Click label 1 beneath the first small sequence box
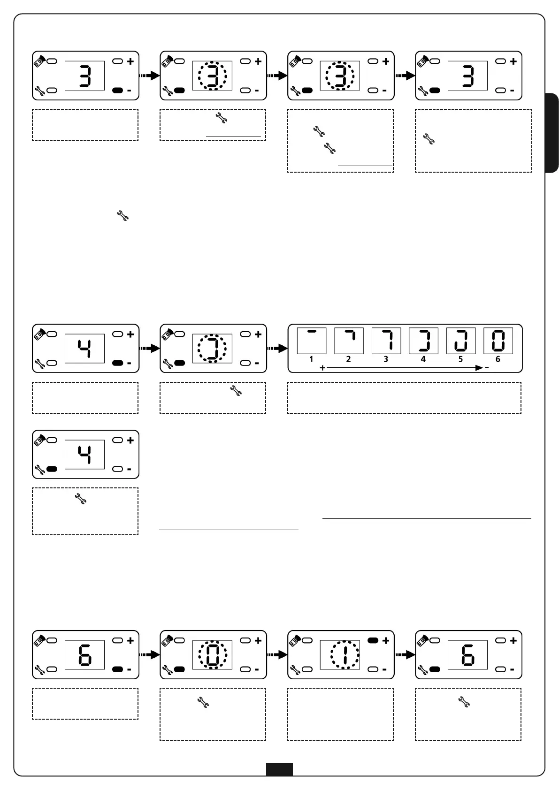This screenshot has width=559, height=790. pyautogui.click(x=311, y=359)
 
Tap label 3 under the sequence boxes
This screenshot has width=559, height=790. pyautogui.click(x=386, y=359)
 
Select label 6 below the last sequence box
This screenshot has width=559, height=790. pyautogui.click(x=498, y=359)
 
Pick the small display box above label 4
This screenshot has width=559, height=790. pyautogui.click(x=423, y=341)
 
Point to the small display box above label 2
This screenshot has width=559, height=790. pyautogui.click(x=349, y=341)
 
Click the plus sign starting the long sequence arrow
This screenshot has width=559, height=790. pyautogui.click(x=322, y=368)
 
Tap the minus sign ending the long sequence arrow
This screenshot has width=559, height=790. pyautogui.click(x=487, y=368)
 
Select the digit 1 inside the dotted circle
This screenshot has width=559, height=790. pyautogui.click(x=345, y=655)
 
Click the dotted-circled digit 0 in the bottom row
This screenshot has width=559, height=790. pyautogui.click(x=212, y=655)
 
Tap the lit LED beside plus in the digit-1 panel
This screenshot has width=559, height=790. pyautogui.click(x=373, y=640)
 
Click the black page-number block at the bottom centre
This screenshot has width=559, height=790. pyautogui.click(x=279, y=770)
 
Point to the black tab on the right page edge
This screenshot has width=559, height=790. pyautogui.click(x=552, y=133)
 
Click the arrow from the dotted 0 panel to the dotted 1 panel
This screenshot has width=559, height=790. pyautogui.click(x=276, y=655)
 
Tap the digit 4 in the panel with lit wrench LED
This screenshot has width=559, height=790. pyautogui.click(x=85, y=454)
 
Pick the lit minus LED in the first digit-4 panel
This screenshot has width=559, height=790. pyautogui.click(x=118, y=363)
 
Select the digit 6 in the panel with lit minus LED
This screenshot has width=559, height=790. pyautogui.click(x=85, y=655)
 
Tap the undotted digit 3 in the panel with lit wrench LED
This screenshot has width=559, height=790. pyautogui.click(x=467, y=76)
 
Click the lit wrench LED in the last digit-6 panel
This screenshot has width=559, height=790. pyautogui.click(x=435, y=669)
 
